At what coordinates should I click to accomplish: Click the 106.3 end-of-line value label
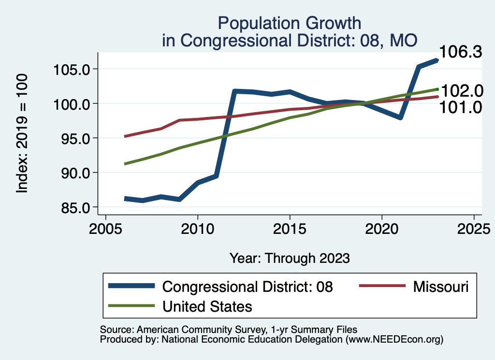(461, 52)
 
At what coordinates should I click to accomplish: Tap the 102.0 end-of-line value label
(461, 90)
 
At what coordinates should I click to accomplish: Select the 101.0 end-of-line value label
(461, 107)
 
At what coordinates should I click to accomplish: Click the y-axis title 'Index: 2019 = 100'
(22, 134)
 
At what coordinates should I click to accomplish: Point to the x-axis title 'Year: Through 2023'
(289, 258)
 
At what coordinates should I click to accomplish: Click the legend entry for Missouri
(440, 287)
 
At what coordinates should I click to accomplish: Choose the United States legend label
(207, 306)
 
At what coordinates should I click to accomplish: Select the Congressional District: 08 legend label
(247, 287)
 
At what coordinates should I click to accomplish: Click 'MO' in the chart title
(404, 40)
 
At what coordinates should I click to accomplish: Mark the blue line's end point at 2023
(437, 60)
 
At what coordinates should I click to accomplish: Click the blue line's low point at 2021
(400, 117)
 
